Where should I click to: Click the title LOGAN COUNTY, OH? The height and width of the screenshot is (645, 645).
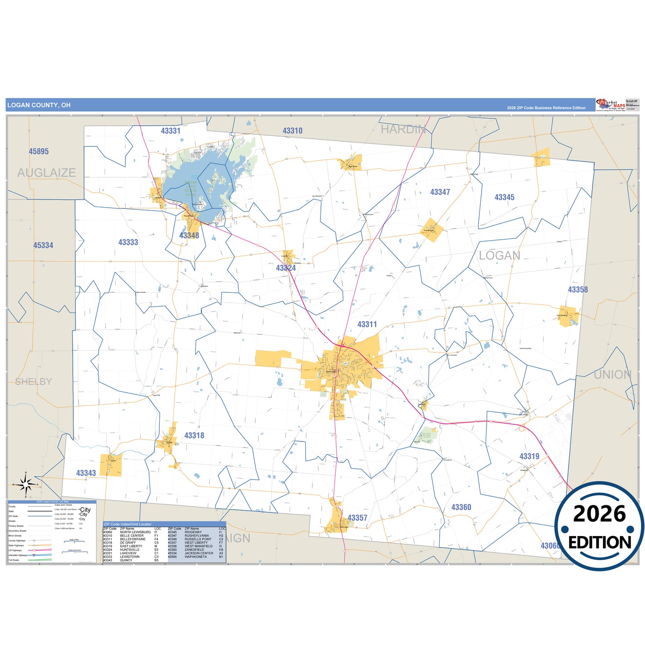click(x=39, y=105)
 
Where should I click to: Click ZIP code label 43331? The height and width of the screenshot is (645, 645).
click(x=171, y=131)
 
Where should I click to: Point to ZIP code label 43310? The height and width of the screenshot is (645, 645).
click(x=292, y=131)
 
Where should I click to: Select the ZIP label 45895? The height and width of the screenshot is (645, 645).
click(x=39, y=152)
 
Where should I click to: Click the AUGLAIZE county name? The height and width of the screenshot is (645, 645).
click(x=46, y=173)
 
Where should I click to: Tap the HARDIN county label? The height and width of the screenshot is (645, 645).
click(x=403, y=129)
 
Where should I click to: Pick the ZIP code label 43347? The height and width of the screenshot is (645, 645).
click(x=440, y=192)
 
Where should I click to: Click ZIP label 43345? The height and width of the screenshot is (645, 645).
click(x=504, y=197)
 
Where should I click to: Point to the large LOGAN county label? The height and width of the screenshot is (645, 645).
click(x=499, y=256)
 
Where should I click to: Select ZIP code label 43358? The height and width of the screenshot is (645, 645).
click(x=578, y=290)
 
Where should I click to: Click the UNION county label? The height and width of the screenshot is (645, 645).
click(x=612, y=375)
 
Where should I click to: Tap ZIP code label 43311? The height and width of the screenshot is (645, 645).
click(x=367, y=325)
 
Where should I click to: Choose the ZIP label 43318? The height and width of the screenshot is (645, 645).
click(x=194, y=436)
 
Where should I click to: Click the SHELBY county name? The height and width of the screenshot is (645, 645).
click(x=33, y=382)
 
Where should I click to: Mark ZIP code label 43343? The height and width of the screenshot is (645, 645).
click(x=86, y=473)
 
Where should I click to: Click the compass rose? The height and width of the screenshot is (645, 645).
click(x=26, y=484)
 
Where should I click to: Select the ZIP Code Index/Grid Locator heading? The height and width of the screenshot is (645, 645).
click(x=128, y=524)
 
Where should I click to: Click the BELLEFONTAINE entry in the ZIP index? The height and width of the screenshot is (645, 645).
click(x=133, y=539)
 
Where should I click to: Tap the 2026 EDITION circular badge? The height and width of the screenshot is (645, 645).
click(x=599, y=527)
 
